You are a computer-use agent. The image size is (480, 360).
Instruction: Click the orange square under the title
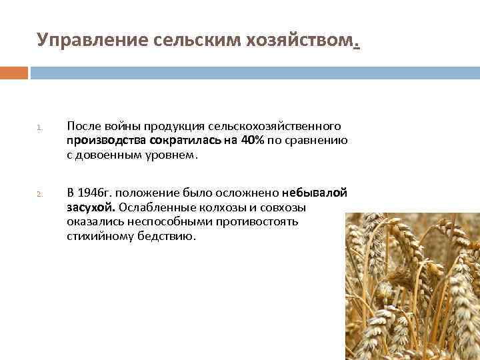(x=14, y=73)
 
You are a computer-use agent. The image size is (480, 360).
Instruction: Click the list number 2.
(x=39, y=195)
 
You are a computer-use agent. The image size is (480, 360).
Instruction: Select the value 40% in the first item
(x=253, y=141)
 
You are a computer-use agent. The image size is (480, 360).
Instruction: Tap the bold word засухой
(x=91, y=207)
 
